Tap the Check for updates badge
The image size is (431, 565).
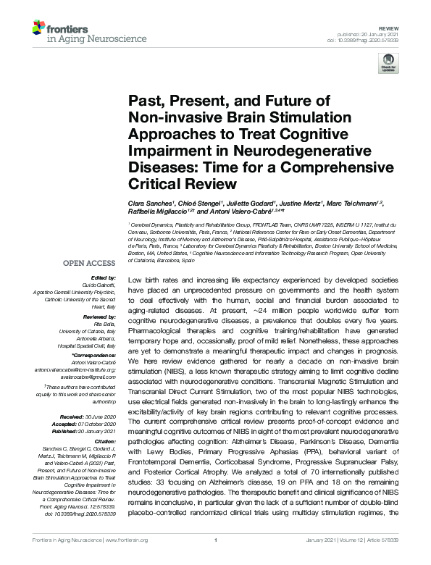pos(388,62)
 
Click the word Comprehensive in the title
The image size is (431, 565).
pos(275,166)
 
